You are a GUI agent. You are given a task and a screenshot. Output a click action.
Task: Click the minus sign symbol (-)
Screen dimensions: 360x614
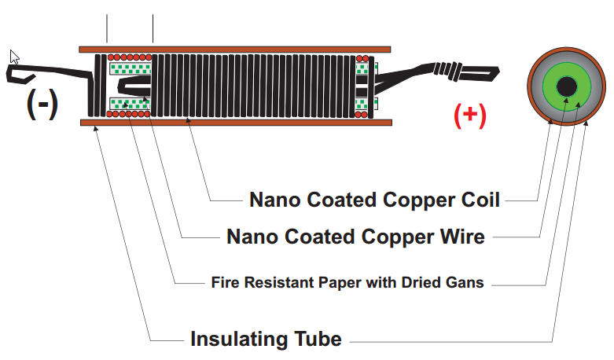click(x=42, y=104)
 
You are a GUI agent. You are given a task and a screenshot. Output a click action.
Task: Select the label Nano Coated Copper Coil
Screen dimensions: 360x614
click(x=374, y=200)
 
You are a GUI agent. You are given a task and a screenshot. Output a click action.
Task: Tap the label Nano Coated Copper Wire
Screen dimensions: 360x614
click(x=355, y=236)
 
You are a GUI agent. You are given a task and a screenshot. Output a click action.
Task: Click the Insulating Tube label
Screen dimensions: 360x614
click(x=266, y=340)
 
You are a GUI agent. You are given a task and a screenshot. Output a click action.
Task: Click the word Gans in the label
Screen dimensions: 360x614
click(x=465, y=281)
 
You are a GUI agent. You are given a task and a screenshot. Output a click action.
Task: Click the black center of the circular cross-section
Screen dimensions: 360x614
click(x=568, y=86)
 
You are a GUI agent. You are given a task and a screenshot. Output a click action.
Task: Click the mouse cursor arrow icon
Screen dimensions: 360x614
click(x=14, y=57)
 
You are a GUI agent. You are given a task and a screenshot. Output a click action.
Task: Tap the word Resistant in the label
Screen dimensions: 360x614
click(x=265, y=281)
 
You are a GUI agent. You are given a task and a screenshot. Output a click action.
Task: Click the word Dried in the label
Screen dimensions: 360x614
click(x=423, y=281)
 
